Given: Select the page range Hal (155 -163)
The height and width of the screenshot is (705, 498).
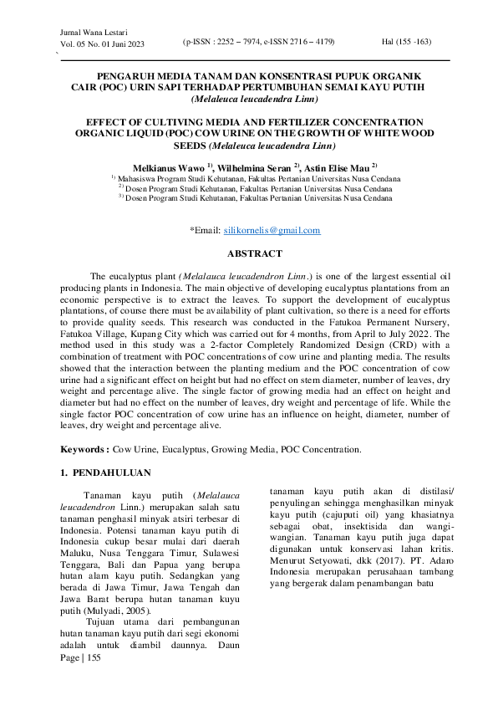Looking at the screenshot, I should coord(406,41).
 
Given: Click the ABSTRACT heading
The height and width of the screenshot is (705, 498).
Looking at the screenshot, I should coord(255,253).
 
